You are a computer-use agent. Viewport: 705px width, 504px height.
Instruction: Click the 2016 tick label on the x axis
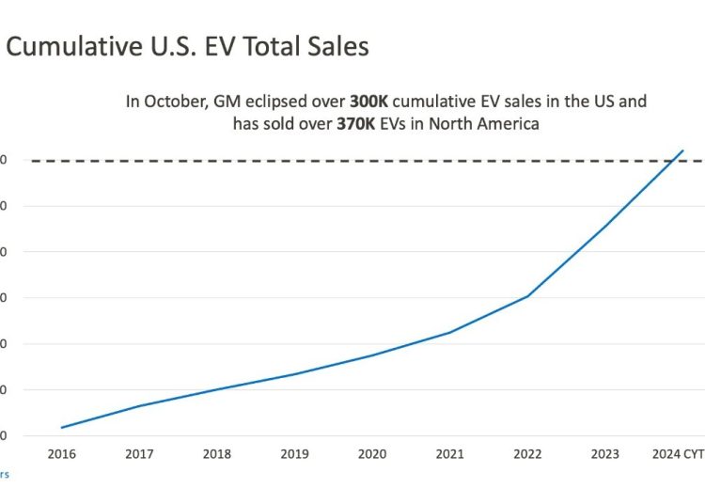tap(62, 455)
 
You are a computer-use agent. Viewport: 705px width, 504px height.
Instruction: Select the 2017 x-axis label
tap(139, 455)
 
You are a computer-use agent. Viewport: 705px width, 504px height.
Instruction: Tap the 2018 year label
tap(217, 455)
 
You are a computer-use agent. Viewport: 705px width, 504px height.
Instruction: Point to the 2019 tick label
tap(295, 455)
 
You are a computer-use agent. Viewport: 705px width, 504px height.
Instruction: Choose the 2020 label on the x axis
tap(372, 455)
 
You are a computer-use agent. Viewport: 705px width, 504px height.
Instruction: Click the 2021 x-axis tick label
tap(450, 455)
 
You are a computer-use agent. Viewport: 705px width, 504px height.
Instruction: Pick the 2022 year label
tap(527, 455)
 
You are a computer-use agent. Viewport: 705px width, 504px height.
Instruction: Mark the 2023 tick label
tap(605, 455)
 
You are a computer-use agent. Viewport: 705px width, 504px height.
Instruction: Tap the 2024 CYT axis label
tap(679, 455)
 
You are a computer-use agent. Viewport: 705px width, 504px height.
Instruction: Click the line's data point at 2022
tap(527, 296)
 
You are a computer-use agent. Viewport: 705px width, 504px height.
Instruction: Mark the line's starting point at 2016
tap(62, 428)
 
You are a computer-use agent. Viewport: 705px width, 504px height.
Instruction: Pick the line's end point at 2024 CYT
tap(683, 150)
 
